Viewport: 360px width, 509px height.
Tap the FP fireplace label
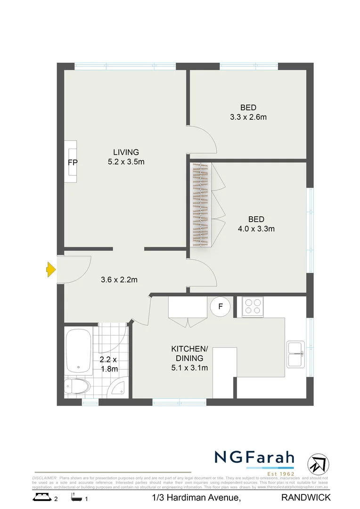coord(73,162)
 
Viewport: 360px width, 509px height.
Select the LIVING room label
coord(126,152)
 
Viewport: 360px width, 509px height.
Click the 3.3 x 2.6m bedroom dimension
coord(248,117)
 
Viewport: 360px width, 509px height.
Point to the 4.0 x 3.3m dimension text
coord(256,229)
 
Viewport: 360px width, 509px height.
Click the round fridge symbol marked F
coord(220,307)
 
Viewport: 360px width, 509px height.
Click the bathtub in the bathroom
coord(78,351)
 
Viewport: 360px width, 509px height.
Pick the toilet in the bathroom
coord(77,386)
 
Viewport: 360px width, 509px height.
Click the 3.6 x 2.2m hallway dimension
coord(119,280)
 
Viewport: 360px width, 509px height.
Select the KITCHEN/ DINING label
coord(189,353)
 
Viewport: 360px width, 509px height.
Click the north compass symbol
coord(318,464)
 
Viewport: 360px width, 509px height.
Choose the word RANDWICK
coord(306,498)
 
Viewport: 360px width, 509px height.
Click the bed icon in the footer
coord(42,497)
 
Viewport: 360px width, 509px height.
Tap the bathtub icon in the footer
coord(75,497)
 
